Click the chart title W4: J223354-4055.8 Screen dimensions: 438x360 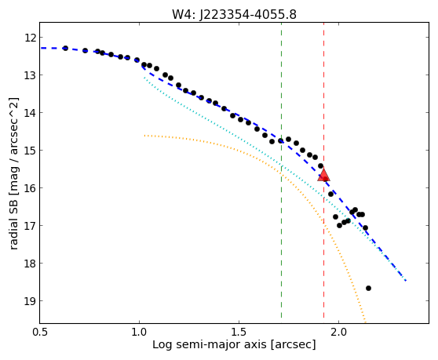[x=234, y=14]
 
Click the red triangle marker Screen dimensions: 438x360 [x=323, y=174]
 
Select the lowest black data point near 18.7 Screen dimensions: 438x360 [x=368, y=288]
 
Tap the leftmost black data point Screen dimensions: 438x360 [x=65, y=48]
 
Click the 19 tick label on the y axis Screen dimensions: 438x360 [x=31, y=301]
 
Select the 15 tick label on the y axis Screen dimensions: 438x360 [x=31, y=151]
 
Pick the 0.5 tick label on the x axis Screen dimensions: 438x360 [x=40, y=332]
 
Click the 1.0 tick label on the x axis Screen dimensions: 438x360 [x=139, y=332]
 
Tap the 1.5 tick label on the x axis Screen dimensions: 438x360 [x=239, y=332]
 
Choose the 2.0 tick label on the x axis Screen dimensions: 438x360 [x=338, y=332]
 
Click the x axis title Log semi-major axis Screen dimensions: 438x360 [x=210, y=345]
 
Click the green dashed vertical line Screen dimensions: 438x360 [x=281, y=169]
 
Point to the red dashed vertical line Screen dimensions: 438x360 [x=323, y=169]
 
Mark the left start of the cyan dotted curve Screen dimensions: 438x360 [x=144, y=78]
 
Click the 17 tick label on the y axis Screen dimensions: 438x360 [x=31, y=225]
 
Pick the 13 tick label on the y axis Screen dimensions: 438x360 [x=31, y=75]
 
